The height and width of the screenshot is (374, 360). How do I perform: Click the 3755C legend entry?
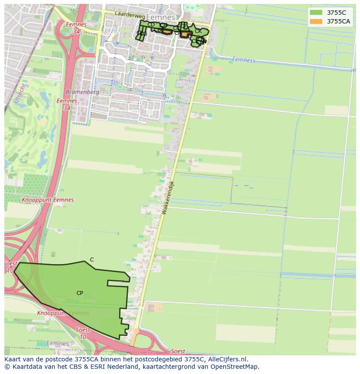[x=336, y=13]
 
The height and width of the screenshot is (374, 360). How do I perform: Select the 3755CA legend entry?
[x=338, y=21]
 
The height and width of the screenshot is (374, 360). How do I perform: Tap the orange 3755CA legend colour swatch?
[x=316, y=21]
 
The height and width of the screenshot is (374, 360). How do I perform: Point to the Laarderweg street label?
[x=129, y=15]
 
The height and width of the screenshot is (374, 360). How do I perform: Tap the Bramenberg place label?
[x=82, y=92]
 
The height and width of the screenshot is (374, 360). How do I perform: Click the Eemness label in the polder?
[x=243, y=60]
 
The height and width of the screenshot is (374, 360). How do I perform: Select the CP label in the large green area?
[x=80, y=293]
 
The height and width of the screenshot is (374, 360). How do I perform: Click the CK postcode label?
[x=198, y=31]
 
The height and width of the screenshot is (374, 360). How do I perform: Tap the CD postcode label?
[x=151, y=25]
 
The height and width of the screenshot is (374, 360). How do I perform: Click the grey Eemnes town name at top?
[x=160, y=17]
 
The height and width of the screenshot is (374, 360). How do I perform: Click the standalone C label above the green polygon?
[x=92, y=260]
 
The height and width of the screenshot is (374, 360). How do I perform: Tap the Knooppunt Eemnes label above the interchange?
[x=47, y=200]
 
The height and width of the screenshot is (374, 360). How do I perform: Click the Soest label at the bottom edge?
[x=177, y=351]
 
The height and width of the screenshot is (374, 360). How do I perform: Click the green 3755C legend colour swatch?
[x=316, y=13]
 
